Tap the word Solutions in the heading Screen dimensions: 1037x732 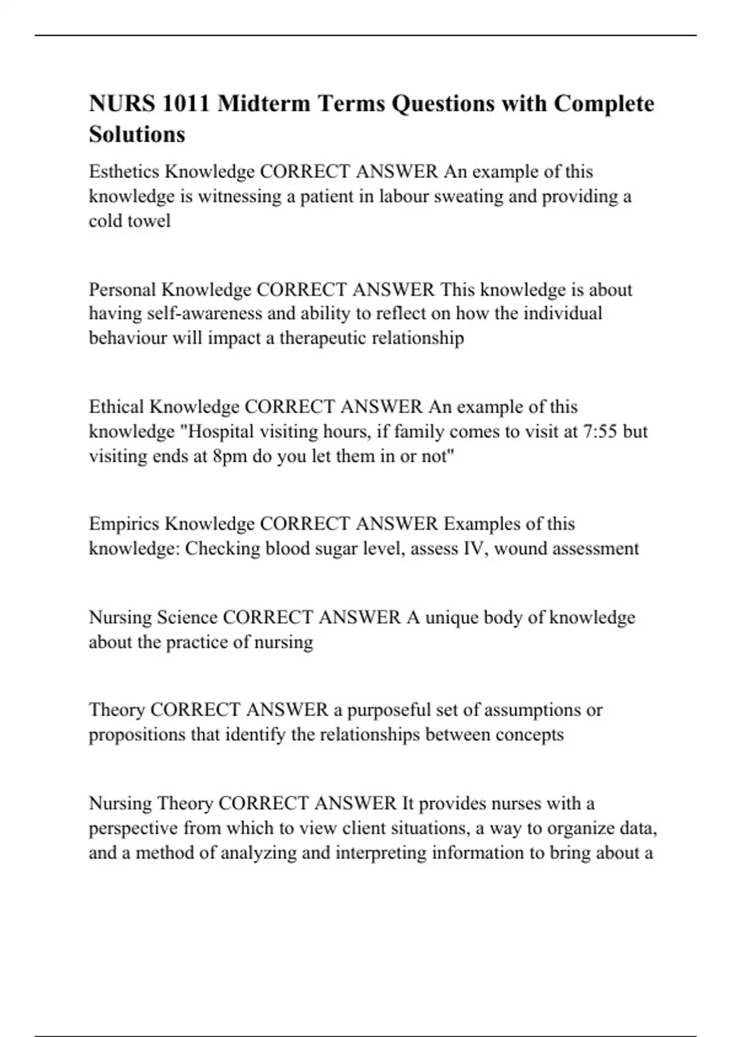(x=137, y=134)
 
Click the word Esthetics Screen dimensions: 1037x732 (x=124, y=172)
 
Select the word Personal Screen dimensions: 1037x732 (x=122, y=289)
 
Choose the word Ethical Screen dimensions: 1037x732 (x=117, y=407)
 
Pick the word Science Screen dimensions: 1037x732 (x=187, y=617)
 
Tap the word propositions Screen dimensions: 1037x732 (x=137, y=734)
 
